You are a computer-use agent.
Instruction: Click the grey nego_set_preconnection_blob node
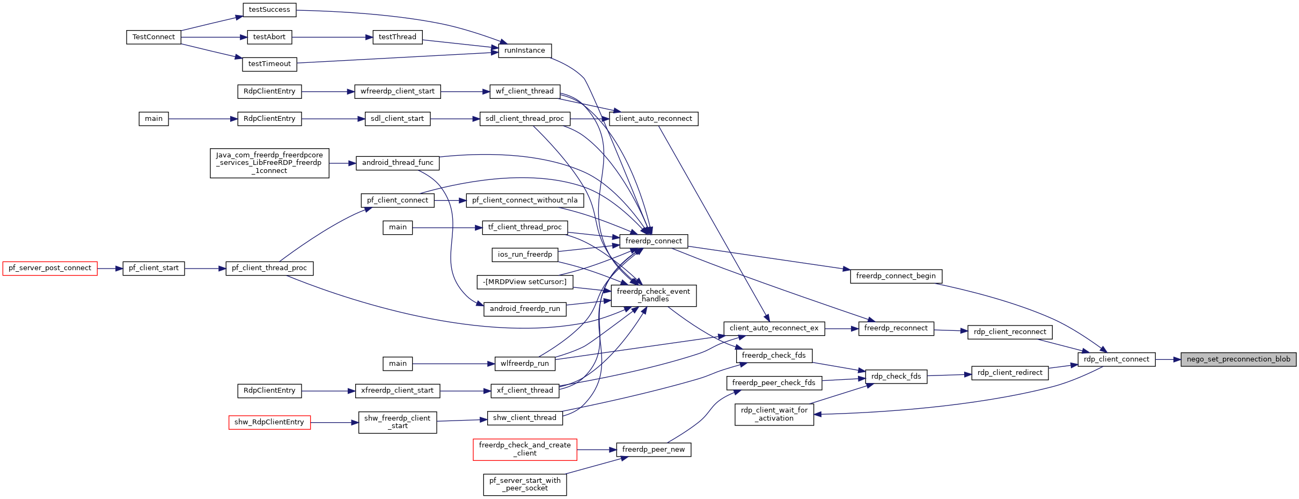tap(1238, 359)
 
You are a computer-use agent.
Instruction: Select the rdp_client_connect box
tap(1117, 359)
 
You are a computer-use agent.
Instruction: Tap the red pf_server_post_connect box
tap(50, 268)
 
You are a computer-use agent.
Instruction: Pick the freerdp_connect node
tap(654, 241)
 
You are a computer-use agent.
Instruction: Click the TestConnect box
tap(154, 37)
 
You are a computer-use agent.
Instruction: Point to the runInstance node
tap(525, 50)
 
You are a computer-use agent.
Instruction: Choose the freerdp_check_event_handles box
tap(654, 295)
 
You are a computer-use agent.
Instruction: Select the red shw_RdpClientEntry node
tap(269, 422)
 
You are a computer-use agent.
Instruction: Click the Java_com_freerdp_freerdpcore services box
tap(269, 163)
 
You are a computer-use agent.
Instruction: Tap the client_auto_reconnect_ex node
tap(774, 328)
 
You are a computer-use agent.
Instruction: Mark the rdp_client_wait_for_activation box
tap(774, 414)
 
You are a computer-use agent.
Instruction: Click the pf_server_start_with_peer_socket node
tap(525, 484)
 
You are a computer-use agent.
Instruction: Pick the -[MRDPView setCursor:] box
tap(525, 282)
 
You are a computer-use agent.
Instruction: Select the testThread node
tap(398, 37)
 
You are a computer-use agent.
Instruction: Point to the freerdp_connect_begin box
tap(896, 276)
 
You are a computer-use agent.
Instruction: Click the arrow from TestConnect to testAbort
tap(214, 37)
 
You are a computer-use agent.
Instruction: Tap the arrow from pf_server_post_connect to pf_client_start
tap(110, 268)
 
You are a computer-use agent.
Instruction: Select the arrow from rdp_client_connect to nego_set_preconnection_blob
tap(1168, 359)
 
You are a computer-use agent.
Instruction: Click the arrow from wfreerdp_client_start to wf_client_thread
tap(465, 92)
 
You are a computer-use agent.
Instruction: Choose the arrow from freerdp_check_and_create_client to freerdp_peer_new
tap(597, 450)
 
